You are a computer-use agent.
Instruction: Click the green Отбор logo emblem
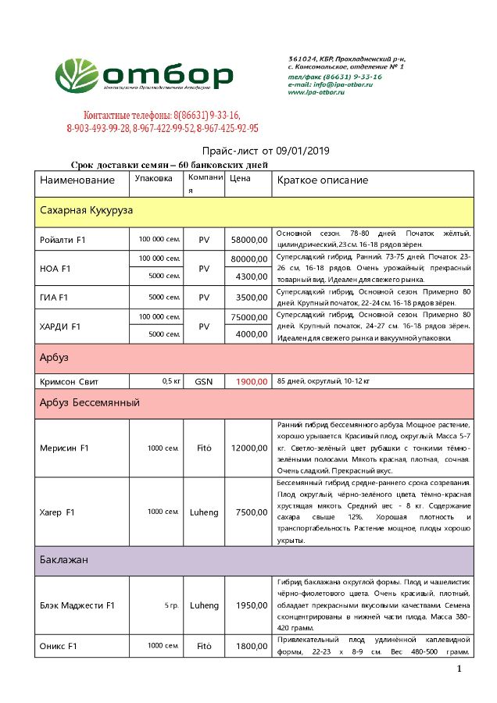coord(77,75)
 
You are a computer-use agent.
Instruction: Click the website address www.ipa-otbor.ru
coord(320,92)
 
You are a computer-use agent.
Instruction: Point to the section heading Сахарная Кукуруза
coord(87,211)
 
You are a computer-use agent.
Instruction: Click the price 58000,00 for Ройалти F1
coord(249,239)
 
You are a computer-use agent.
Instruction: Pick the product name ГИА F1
coord(55,298)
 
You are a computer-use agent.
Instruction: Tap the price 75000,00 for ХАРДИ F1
coord(249,317)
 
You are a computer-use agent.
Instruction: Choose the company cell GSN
coord(204,382)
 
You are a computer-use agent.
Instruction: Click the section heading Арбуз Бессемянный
coord(89,403)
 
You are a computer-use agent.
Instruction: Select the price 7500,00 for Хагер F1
coord(251,512)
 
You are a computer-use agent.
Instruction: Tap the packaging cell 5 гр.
coord(172,605)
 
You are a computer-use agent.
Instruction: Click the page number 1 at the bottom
coord(459,669)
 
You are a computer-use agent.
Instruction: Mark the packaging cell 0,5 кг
coord(172,382)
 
